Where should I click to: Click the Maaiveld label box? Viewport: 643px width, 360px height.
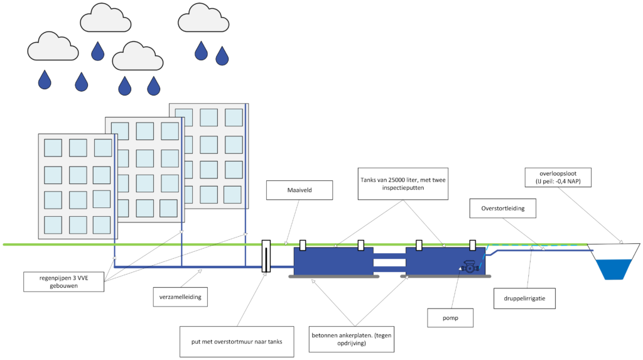click(x=300, y=190)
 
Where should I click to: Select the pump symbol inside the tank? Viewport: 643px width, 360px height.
click(x=470, y=267)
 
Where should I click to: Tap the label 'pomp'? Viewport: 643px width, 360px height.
click(x=450, y=318)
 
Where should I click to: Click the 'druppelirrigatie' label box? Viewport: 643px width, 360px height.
click(x=524, y=298)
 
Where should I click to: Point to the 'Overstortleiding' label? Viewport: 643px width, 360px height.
click(x=503, y=208)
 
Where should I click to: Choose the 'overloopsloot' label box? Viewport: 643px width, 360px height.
click(x=558, y=177)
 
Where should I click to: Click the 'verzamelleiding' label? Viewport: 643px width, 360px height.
click(x=180, y=297)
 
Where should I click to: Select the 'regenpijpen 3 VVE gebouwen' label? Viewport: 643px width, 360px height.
click(x=63, y=281)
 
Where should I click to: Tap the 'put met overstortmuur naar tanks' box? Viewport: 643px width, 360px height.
click(x=237, y=342)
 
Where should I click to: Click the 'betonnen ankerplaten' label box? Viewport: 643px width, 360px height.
click(x=352, y=339)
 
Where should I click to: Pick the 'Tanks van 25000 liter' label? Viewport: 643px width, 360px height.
click(x=403, y=183)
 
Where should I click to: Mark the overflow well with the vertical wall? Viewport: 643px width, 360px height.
click(x=266, y=256)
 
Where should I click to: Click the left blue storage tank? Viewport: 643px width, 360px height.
click(x=333, y=261)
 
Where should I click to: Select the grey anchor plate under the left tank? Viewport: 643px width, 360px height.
click(x=334, y=276)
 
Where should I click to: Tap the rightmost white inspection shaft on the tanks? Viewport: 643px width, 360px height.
click(x=472, y=245)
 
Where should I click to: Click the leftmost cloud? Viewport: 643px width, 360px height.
click(x=53, y=46)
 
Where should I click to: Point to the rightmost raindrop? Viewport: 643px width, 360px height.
click(x=222, y=56)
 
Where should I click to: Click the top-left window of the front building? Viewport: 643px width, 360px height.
click(x=53, y=148)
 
